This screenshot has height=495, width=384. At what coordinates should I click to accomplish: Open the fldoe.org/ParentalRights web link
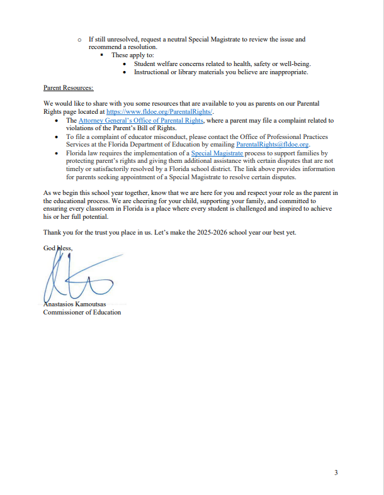(x=161, y=111)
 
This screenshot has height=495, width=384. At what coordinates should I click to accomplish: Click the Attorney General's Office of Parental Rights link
(x=141, y=120)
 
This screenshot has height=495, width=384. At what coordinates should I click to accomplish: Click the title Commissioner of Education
(x=82, y=312)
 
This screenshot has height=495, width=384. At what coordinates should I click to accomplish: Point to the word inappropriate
(x=286, y=72)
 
